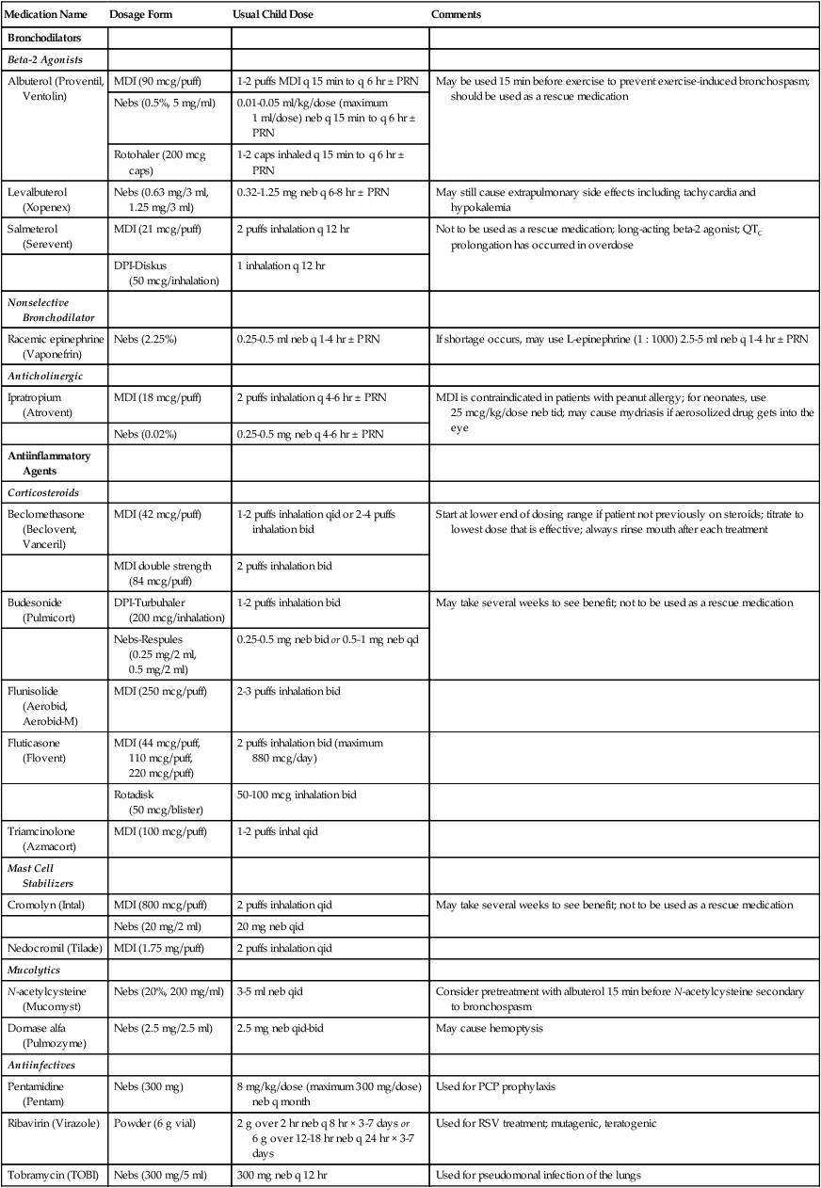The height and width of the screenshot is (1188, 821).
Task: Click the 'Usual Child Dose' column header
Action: pyautogui.click(x=274, y=15)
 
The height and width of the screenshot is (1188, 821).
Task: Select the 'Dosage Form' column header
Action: pyautogui.click(x=138, y=15)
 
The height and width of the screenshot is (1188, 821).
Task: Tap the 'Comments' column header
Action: pyautogui.click(x=456, y=15)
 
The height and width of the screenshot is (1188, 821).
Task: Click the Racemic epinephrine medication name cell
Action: pyautogui.click(x=54, y=343)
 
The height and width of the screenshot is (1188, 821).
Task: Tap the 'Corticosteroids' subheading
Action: pyautogui.click(x=42, y=491)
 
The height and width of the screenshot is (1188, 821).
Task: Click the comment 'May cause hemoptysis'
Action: pyautogui.click(x=490, y=1028)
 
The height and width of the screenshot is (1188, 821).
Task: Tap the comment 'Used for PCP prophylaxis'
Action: pyautogui.click(x=496, y=1086)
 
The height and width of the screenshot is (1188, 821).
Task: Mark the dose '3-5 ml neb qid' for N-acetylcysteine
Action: pyautogui.click(x=269, y=991)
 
